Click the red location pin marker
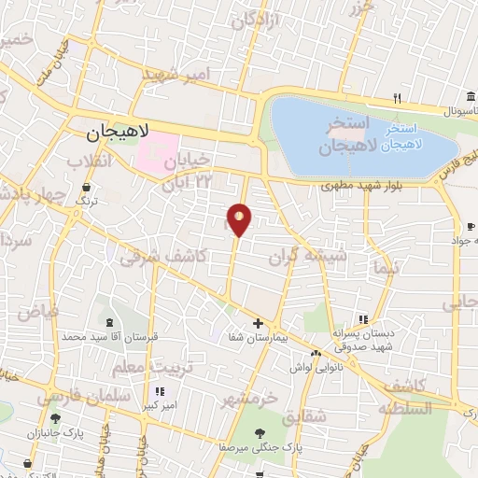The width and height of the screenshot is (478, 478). tap(239, 220)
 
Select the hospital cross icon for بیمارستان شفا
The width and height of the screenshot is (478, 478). tap(259, 323)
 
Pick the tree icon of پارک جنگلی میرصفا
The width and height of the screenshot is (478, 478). tap(261, 433)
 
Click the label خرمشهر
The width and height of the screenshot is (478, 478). tap(249, 399)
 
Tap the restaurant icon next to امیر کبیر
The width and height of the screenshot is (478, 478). tap(160, 390)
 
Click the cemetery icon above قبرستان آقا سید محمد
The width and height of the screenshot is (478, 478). tap(111, 322)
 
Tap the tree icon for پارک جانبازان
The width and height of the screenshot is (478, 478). tap(55, 418)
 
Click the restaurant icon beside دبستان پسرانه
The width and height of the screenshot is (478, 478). tap(363, 319)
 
